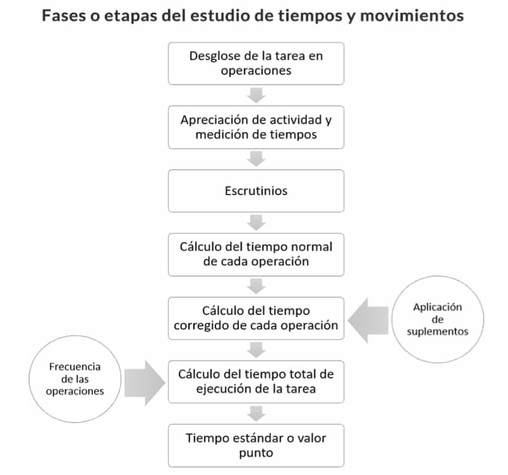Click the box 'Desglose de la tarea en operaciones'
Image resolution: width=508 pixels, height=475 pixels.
click(x=256, y=63)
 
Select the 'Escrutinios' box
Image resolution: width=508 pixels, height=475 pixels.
click(x=256, y=191)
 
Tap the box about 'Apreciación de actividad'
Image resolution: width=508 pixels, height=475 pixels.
click(x=256, y=127)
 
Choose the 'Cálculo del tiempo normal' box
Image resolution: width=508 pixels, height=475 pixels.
click(x=256, y=255)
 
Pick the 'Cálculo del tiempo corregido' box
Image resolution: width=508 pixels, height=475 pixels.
click(x=256, y=318)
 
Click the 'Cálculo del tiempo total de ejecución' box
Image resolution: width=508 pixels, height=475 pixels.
click(x=256, y=382)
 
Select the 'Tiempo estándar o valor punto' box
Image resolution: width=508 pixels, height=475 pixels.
click(x=256, y=445)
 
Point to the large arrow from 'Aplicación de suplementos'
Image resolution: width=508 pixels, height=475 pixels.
click(x=368, y=320)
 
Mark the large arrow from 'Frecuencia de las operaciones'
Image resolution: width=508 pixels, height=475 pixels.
click(x=145, y=383)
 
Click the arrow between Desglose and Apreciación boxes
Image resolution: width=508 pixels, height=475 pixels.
click(x=257, y=95)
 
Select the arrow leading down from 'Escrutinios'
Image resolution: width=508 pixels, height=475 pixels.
click(x=257, y=222)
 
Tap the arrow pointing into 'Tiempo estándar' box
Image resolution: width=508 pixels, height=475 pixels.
click(x=257, y=414)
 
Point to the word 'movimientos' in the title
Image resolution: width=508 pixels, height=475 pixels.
click(x=412, y=16)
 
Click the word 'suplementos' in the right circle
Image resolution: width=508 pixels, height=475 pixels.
click(x=438, y=332)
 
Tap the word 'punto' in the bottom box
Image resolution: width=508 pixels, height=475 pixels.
click(x=256, y=453)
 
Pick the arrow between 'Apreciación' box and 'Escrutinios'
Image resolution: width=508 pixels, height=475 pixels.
click(x=257, y=159)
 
